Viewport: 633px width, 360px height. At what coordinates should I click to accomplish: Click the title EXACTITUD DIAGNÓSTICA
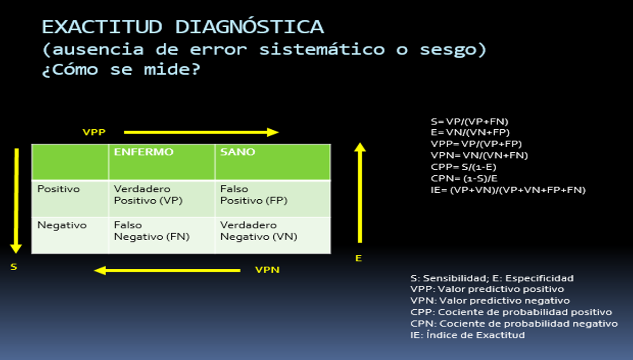[x=183, y=27]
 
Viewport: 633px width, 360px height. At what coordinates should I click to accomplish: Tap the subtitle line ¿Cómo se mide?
[x=121, y=70]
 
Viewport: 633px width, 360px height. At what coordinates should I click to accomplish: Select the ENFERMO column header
[x=143, y=152]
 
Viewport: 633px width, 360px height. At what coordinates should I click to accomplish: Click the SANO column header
[x=237, y=152]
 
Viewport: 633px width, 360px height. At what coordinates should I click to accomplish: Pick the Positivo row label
[x=59, y=189]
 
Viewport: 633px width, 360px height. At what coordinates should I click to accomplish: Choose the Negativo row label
[x=62, y=225]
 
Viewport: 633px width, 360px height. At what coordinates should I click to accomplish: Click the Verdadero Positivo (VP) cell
[x=148, y=195]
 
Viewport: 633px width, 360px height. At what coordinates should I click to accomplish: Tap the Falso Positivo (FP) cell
[x=253, y=195]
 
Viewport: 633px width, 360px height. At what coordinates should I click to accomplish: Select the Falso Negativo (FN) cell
[x=151, y=231]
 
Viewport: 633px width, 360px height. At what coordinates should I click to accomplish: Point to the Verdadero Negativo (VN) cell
[x=259, y=231]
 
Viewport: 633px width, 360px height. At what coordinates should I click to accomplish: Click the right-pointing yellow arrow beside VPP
[x=201, y=132]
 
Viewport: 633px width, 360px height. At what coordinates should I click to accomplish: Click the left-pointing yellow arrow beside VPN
[x=167, y=270]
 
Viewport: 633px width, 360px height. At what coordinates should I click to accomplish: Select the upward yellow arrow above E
[x=360, y=193]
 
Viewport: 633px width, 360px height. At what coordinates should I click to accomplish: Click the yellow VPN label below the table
[x=267, y=270]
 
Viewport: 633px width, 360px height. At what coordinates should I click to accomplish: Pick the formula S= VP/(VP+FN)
[x=469, y=121]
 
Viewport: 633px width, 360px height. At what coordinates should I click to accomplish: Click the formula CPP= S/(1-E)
[x=463, y=167]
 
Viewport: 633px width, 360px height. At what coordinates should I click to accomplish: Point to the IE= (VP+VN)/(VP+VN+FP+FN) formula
[x=508, y=190]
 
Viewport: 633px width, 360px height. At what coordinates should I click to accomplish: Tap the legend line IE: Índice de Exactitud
[x=467, y=335]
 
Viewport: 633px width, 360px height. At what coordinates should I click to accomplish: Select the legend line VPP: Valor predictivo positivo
[x=487, y=289]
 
